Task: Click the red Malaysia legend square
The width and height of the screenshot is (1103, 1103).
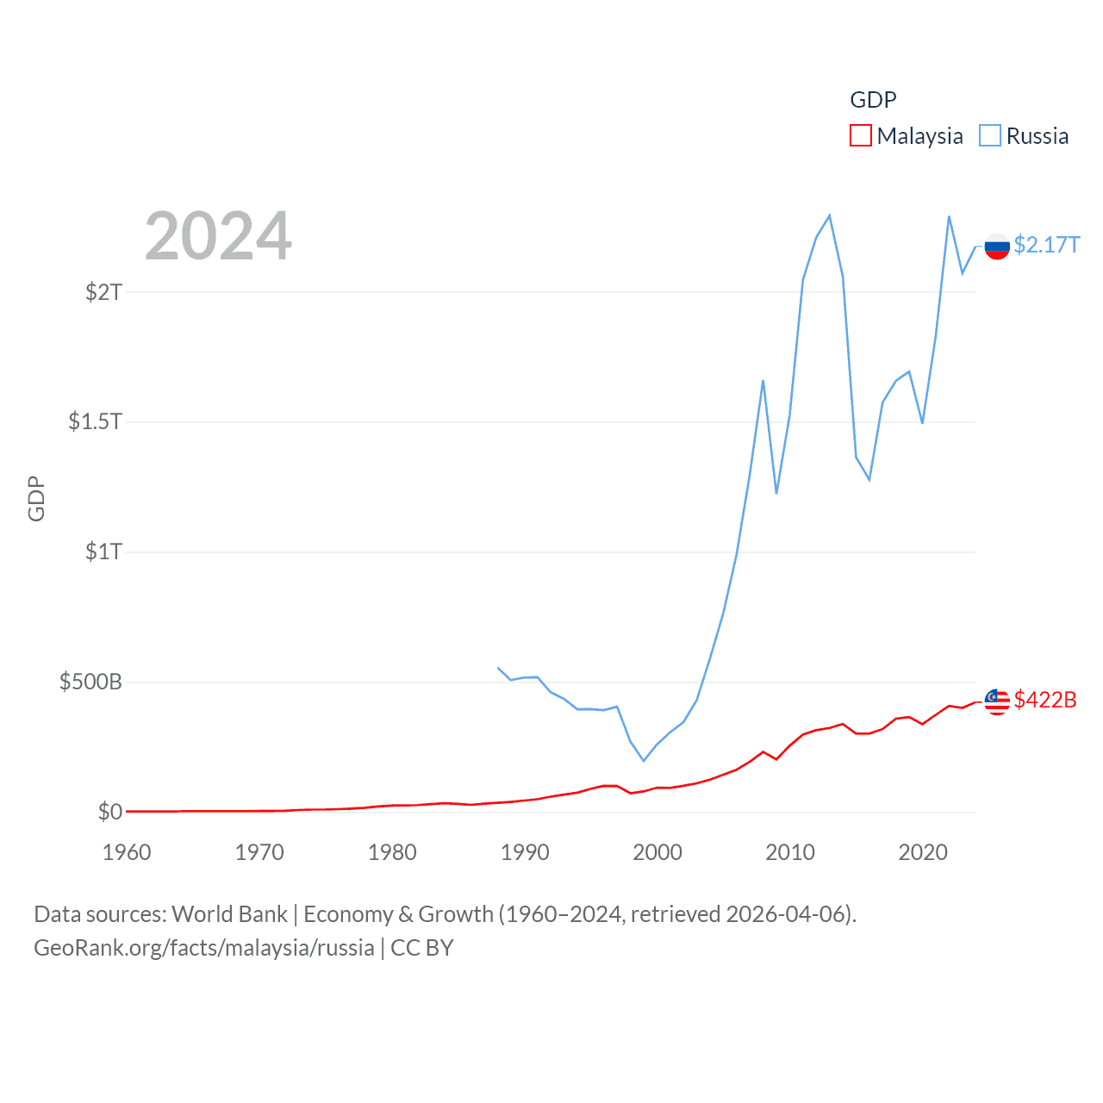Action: pos(860,136)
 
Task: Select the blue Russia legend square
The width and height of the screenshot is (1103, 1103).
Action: pos(990,136)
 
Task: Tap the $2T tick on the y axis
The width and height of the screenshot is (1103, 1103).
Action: pos(103,292)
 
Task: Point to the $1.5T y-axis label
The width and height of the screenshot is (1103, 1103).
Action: pos(95,421)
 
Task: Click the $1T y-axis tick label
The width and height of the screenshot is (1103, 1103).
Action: pos(103,551)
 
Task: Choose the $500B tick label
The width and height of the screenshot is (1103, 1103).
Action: pos(90,682)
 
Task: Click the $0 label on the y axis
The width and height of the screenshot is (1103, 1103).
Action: pos(110,812)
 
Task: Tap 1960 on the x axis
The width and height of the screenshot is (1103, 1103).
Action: pos(127,852)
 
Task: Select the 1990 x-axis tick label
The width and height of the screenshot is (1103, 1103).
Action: pos(525,852)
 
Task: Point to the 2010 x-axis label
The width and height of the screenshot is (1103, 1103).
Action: pos(790,852)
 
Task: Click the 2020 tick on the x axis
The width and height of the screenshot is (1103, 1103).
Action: pos(923,852)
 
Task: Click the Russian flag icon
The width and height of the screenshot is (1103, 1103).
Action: pos(997,246)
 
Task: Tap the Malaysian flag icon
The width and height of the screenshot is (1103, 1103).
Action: pos(997,701)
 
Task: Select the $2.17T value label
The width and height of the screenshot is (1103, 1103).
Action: pos(1046,246)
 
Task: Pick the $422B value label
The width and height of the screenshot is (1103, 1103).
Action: pos(1045,700)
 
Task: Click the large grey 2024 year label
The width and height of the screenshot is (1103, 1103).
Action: pos(218,236)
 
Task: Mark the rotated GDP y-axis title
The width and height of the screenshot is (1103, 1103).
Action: pos(36,498)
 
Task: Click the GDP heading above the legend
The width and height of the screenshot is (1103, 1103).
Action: pos(873,100)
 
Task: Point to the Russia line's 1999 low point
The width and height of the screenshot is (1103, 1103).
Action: pos(643,760)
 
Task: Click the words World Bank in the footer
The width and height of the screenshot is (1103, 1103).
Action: pos(229,914)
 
